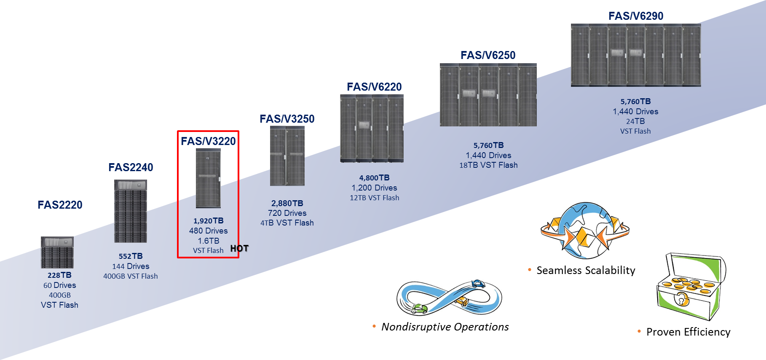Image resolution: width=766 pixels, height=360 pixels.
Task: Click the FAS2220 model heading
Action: [x=60, y=205]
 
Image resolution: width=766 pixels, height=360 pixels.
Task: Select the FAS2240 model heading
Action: [x=131, y=167]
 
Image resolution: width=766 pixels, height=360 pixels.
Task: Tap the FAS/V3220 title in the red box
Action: [x=208, y=141]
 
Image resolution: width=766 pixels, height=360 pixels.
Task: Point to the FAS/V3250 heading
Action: [x=287, y=119]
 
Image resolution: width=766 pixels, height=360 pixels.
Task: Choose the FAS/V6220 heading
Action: [x=374, y=87]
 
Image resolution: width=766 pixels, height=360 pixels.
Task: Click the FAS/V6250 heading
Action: [x=488, y=55]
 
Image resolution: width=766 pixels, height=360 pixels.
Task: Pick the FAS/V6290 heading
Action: [x=636, y=16]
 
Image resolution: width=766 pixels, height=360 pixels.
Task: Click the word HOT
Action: [x=239, y=248]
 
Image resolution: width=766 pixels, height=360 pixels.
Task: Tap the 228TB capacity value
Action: [x=59, y=275]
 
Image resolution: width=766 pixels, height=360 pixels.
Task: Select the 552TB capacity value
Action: [x=131, y=256]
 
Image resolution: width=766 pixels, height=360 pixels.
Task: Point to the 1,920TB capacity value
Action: [x=208, y=221]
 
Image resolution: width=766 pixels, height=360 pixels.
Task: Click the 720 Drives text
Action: [x=287, y=213]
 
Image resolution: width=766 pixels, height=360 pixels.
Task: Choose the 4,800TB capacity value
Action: [x=374, y=178]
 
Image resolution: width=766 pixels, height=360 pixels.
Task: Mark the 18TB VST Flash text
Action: [x=488, y=165]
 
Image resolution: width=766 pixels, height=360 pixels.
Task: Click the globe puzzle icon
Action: [x=585, y=230]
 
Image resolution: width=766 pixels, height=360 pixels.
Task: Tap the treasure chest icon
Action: [x=691, y=287]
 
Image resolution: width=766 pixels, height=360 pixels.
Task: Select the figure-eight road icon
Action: [x=449, y=298]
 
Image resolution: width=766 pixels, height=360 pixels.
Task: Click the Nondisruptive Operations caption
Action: [x=445, y=327]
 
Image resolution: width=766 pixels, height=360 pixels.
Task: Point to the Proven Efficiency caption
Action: [x=688, y=332]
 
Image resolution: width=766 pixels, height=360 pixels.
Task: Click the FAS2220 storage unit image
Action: [x=57, y=252]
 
